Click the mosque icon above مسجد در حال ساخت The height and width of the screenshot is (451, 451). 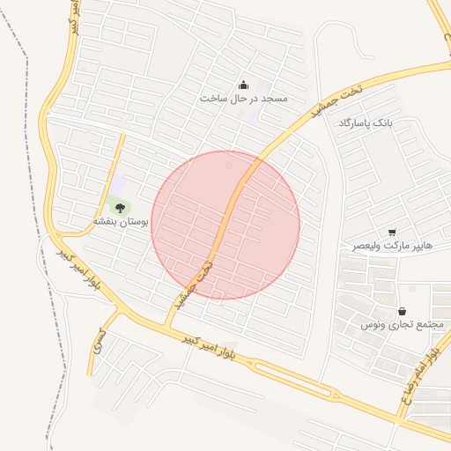pyautogui.click(x=243, y=85)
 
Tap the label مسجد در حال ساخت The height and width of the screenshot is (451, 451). pyautogui.click(x=244, y=99)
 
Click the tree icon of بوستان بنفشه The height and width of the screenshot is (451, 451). pyautogui.click(x=118, y=208)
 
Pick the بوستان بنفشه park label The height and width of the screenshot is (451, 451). pyautogui.click(x=122, y=223)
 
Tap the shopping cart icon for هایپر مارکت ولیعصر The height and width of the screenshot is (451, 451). pyautogui.click(x=392, y=232)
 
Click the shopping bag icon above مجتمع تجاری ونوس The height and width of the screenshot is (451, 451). pyautogui.click(x=402, y=311)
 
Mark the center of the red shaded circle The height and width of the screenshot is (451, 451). pyautogui.click(x=225, y=225)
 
